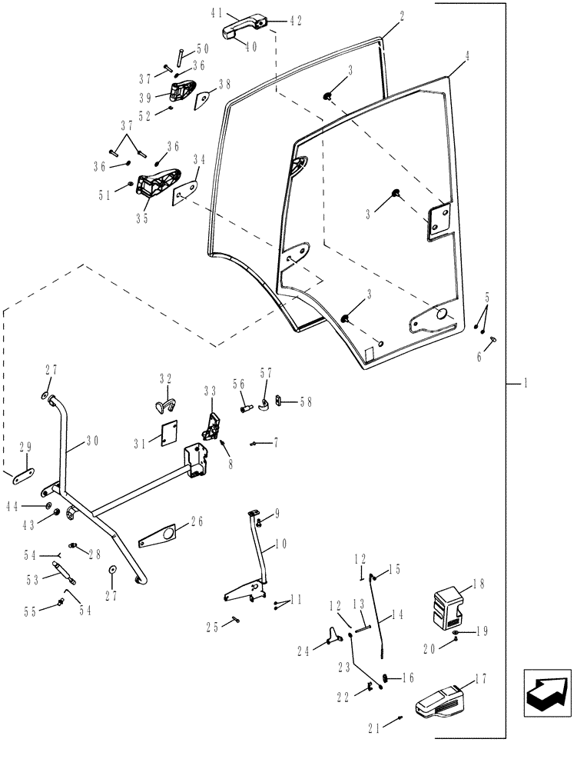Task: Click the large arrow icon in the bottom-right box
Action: click(547, 693)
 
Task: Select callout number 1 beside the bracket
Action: click(525, 382)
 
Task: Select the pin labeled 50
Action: click(177, 56)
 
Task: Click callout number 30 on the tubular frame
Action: click(93, 441)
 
